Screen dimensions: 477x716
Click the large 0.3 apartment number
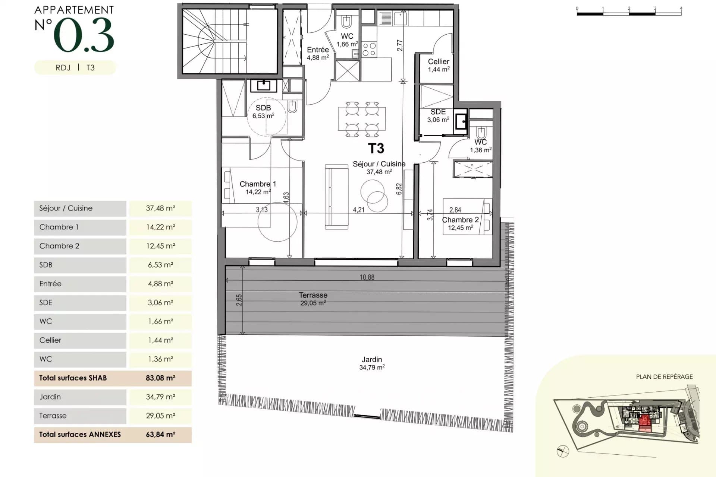(x=84, y=35)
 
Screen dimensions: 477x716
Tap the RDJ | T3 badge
(x=75, y=68)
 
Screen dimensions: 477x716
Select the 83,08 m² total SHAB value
(x=160, y=378)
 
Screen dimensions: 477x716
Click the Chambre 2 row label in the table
(x=59, y=246)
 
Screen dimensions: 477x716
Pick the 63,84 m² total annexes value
(x=160, y=435)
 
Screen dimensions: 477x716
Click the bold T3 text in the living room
(x=376, y=149)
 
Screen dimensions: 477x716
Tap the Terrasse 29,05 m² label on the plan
(x=313, y=299)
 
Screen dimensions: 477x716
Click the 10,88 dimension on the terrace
(x=367, y=277)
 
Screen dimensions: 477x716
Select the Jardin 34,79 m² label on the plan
(x=372, y=363)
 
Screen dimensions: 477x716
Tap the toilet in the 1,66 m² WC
(x=346, y=22)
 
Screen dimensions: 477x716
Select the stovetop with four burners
(x=369, y=50)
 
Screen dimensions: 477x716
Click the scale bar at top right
(x=629, y=12)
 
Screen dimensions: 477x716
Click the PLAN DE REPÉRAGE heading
(x=664, y=377)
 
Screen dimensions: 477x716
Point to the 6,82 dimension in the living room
(x=399, y=189)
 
